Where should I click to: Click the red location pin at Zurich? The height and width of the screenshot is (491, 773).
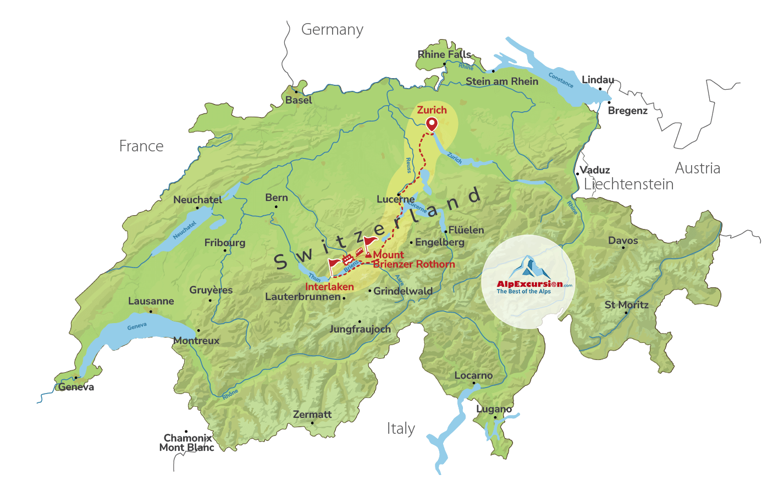tap(432, 124)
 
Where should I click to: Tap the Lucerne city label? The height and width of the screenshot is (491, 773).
tap(395, 199)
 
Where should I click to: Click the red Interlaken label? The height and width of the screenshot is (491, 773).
tap(329, 287)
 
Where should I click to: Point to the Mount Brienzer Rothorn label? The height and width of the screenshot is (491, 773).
tap(413, 259)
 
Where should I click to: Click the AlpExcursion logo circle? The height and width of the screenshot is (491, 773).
tap(528, 282)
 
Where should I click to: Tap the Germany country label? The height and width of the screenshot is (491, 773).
tap(332, 30)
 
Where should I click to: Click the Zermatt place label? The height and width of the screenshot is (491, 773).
tap(312, 414)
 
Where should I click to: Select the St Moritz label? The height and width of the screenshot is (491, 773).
tap(626, 305)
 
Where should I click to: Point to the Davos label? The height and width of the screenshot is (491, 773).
tap(623, 241)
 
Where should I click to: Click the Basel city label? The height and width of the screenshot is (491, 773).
tap(299, 100)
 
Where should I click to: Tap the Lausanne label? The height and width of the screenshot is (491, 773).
tap(151, 301)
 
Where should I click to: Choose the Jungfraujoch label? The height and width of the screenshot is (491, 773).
tap(360, 329)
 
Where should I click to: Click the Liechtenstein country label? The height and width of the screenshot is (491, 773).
tap(628, 184)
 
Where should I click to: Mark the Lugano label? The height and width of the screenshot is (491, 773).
tap(494, 409)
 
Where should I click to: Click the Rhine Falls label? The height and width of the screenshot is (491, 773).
tap(444, 54)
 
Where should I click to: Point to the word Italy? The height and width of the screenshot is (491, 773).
tap(401, 429)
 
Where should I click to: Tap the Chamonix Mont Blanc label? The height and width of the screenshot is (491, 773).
tap(187, 443)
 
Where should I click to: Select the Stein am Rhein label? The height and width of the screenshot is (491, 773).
tap(502, 81)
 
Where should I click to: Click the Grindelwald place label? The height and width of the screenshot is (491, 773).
tap(403, 291)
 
